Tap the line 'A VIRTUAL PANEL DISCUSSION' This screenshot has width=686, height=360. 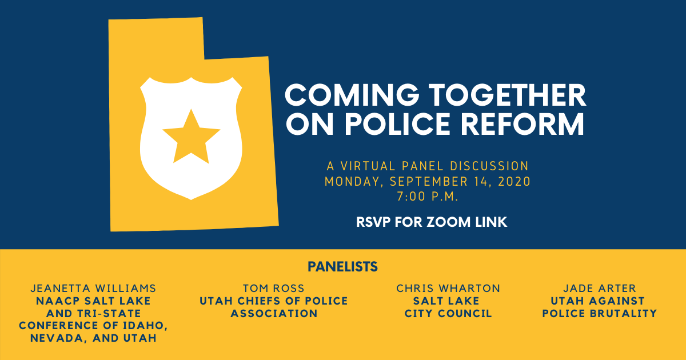428,166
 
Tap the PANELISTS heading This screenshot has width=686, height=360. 342,266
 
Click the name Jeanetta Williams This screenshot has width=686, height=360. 94,288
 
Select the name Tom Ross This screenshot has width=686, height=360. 273,288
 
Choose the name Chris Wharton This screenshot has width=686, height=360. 448,288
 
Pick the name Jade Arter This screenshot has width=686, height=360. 599,288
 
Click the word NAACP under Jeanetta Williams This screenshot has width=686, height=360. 54,301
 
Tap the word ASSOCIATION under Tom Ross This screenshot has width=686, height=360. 274,314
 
